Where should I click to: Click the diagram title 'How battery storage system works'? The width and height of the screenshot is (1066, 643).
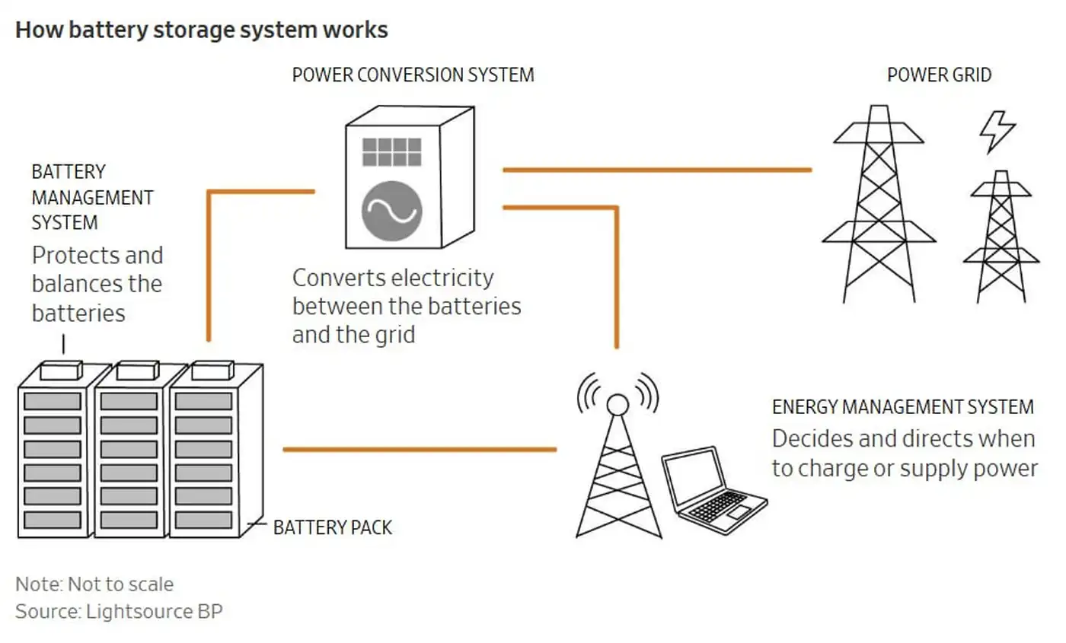202,30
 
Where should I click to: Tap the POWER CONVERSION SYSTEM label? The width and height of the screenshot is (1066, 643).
413,75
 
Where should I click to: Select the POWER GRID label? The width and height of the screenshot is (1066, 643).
939,75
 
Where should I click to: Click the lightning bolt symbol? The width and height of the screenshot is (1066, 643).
997,132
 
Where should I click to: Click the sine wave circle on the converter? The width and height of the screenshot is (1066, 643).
391,210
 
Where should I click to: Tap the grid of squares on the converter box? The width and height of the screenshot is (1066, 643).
391,151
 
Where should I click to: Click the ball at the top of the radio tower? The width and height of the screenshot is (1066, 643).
618,403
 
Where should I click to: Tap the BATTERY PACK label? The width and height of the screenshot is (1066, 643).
333,527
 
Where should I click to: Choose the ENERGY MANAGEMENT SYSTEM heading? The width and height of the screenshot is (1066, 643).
902,407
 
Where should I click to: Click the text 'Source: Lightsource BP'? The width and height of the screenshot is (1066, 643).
119,611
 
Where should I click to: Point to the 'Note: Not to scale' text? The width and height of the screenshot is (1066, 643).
94,584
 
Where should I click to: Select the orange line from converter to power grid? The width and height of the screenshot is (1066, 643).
656,170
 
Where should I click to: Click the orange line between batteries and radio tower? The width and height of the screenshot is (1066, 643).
419,450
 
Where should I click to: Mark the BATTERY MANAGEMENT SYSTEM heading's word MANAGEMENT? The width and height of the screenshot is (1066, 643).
92,198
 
